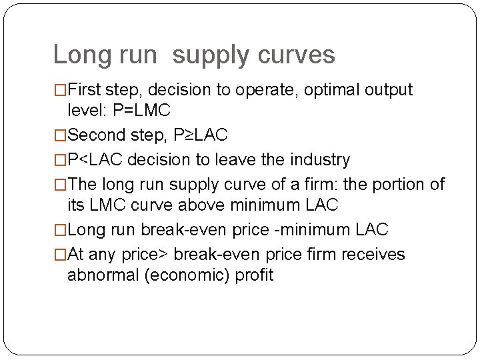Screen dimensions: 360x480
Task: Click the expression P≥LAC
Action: pyautogui.click(x=199, y=135)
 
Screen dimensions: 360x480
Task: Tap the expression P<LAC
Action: pyautogui.click(x=95, y=160)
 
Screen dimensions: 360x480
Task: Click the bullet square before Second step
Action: pyautogui.click(x=60, y=135)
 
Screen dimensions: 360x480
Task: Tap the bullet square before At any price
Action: pyautogui.click(x=60, y=255)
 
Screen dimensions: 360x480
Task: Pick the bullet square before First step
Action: pyautogui.click(x=60, y=90)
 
